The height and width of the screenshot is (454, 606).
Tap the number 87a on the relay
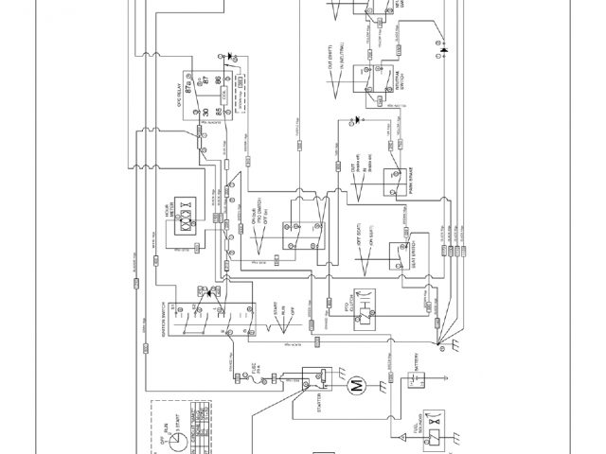[202, 81]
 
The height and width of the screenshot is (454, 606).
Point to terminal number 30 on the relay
[205, 113]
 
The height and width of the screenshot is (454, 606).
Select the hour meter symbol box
[187, 224]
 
